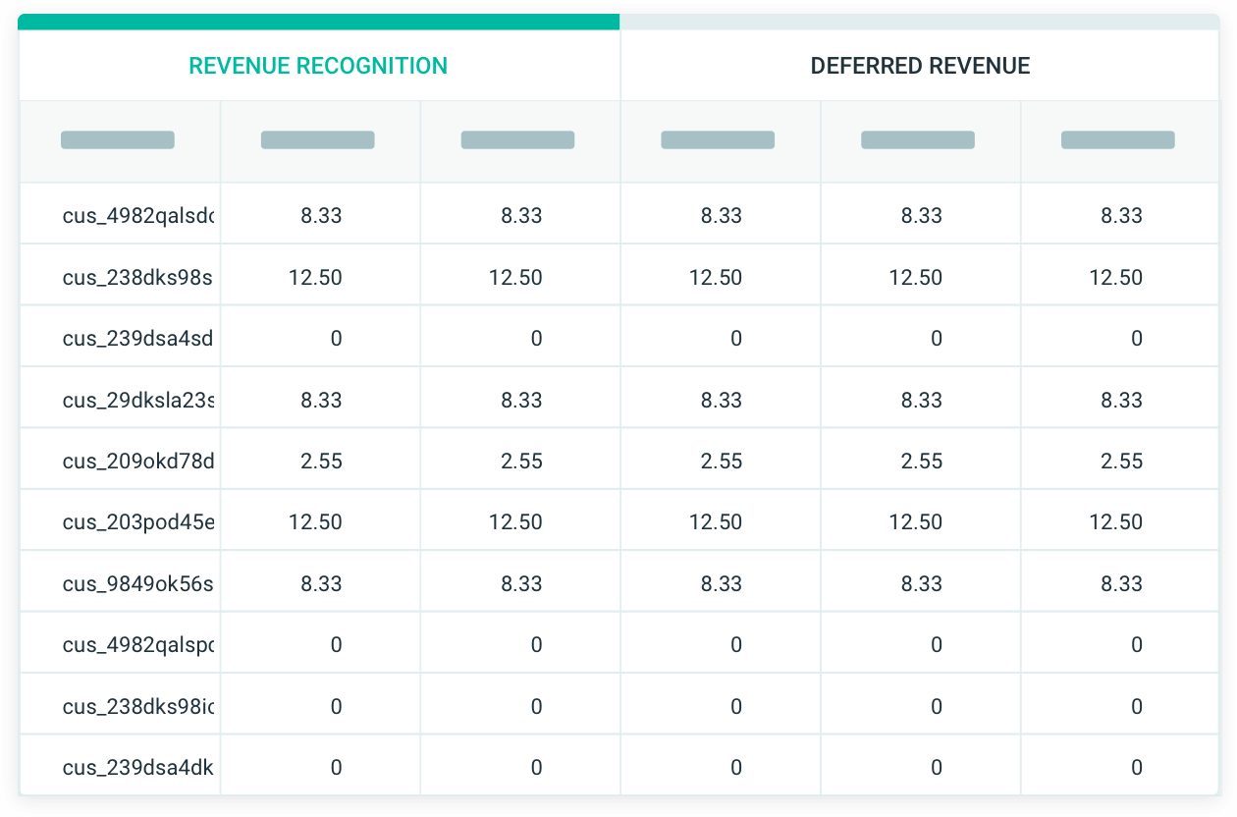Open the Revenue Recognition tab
(318, 66)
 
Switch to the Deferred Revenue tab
(920, 66)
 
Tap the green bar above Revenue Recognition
(318, 22)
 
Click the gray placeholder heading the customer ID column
(118, 139)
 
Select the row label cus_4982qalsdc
(138, 216)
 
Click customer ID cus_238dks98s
(137, 278)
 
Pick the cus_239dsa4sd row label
(137, 339)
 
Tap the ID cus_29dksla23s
(138, 401)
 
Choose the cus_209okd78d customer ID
(138, 462)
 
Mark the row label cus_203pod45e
(138, 522)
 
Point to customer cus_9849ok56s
(137, 584)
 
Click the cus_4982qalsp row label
(138, 645)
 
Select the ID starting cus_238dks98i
(138, 707)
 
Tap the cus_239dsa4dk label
(138, 768)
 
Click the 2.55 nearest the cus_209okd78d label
(322, 462)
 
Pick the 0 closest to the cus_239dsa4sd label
(336, 339)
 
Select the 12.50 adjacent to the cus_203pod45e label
(315, 522)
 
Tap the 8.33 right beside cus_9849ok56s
(322, 584)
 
